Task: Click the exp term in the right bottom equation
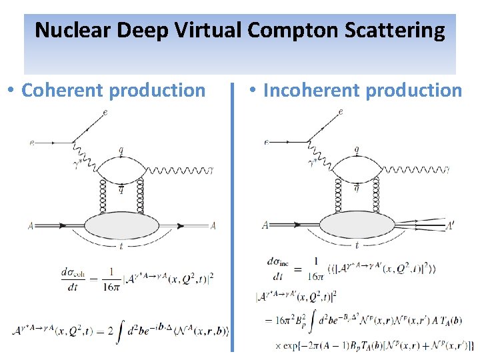coord(293,346)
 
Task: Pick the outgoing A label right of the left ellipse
coord(213,226)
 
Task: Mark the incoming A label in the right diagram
coord(265,225)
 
